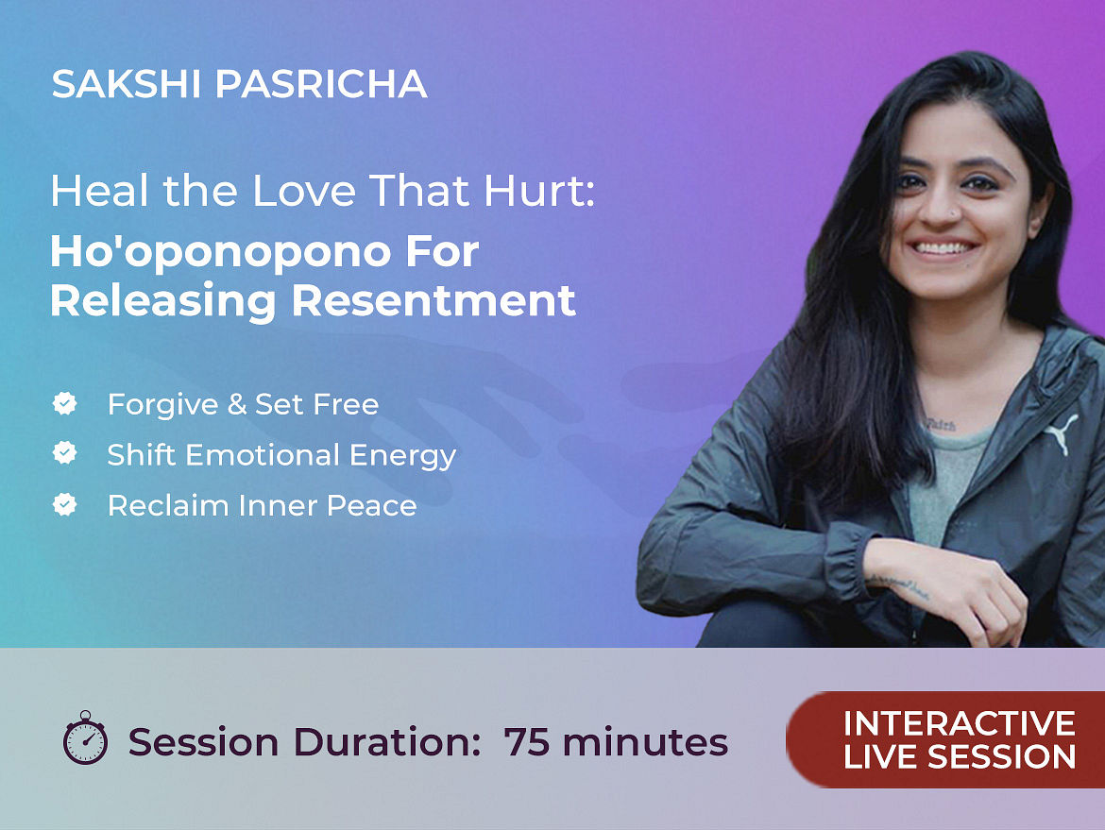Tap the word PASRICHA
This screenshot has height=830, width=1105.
(x=321, y=84)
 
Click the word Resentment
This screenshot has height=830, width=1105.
(x=433, y=301)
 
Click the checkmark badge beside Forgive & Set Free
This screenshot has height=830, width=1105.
(x=65, y=404)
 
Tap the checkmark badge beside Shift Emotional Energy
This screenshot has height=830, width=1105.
(x=65, y=453)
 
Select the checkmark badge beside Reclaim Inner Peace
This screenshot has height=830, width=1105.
(x=65, y=504)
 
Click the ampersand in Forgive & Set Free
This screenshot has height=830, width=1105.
(x=237, y=404)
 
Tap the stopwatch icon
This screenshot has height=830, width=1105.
(x=85, y=737)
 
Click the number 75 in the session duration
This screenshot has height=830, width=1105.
(x=526, y=742)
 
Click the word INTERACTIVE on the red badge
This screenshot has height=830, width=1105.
(x=960, y=723)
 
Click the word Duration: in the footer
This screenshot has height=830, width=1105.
(x=387, y=742)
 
